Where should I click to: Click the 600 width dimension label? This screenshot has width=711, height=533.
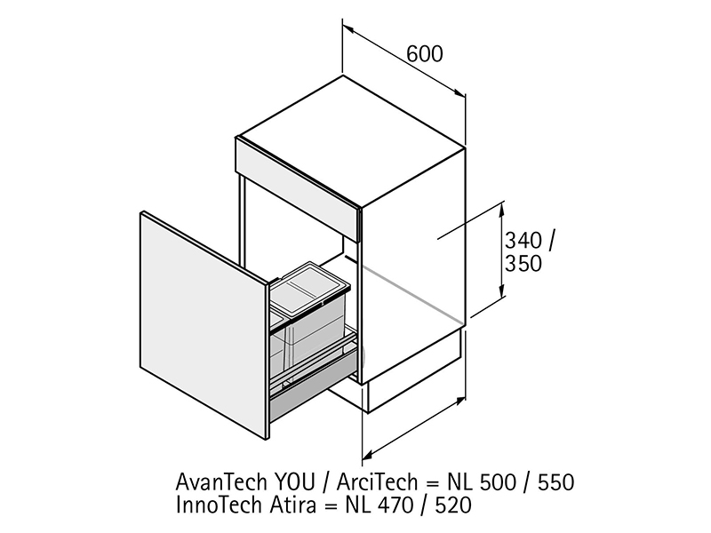click(x=425, y=54)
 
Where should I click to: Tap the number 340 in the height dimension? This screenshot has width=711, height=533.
click(x=523, y=240)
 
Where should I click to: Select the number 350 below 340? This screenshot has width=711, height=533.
click(x=523, y=264)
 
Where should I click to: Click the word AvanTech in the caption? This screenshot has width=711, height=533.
click(x=221, y=481)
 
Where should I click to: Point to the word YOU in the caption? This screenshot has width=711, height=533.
click(x=295, y=481)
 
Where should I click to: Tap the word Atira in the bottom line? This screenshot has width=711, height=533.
click(x=292, y=505)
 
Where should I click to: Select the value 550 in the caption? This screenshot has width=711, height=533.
click(x=556, y=482)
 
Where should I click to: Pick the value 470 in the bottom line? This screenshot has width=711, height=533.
click(x=395, y=505)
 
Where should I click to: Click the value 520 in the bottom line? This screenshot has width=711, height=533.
click(x=453, y=505)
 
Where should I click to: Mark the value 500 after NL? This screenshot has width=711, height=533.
click(x=498, y=482)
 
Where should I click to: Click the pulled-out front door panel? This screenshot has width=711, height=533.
click(x=204, y=325)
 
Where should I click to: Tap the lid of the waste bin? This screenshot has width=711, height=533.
click(x=313, y=287)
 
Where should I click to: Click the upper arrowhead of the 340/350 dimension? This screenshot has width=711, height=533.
click(x=501, y=209)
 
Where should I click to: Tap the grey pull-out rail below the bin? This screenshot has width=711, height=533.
click(x=313, y=390)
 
